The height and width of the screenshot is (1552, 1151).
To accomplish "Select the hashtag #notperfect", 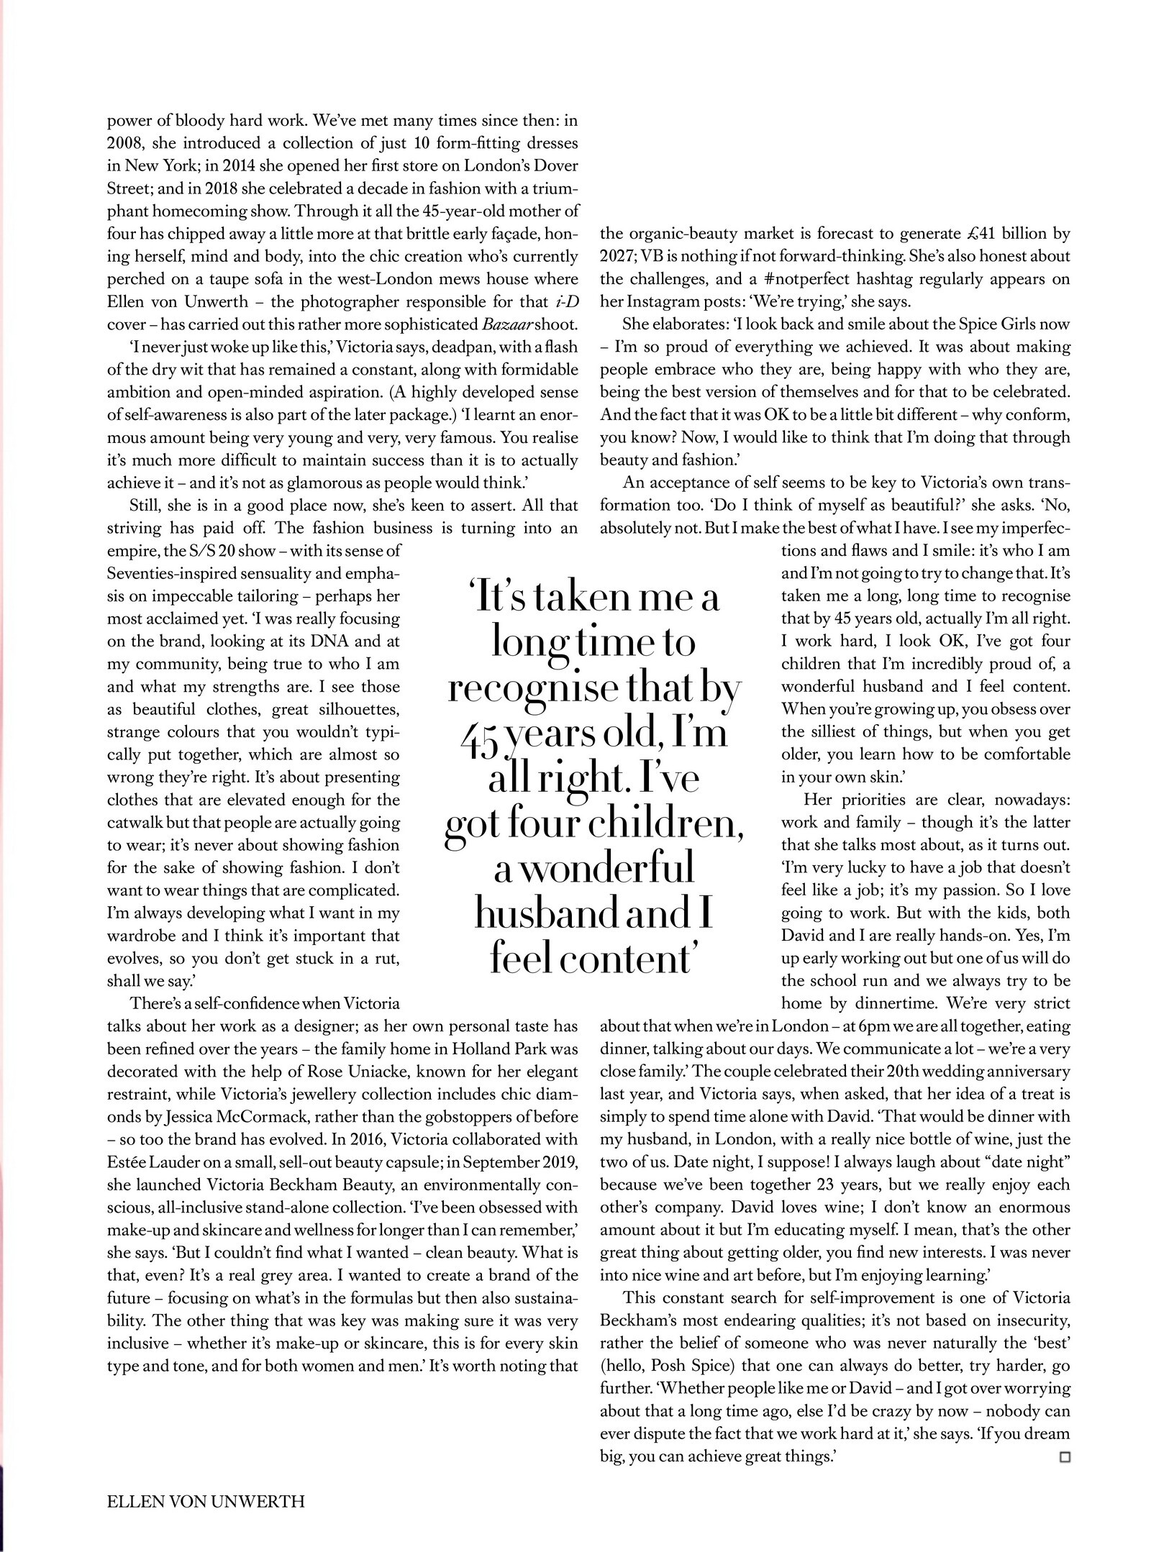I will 786,279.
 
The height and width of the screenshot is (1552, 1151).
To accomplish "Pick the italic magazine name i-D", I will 564,302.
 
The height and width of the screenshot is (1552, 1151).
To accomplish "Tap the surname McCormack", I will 252,1118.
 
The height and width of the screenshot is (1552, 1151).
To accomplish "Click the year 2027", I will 619,257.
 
